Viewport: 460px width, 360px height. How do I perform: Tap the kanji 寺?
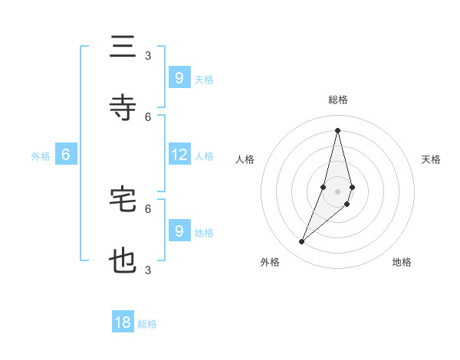point(123,107)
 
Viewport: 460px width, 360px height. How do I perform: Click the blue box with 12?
point(179,155)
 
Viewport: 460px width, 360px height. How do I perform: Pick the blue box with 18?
point(123,322)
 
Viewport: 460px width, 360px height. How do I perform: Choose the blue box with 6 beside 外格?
point(66,155)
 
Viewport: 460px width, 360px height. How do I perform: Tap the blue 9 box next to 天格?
point(179,77)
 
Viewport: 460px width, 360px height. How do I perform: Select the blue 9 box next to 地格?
point(179,231)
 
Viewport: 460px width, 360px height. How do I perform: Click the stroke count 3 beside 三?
point(148,55)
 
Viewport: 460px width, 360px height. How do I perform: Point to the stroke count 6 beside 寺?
point(148,116)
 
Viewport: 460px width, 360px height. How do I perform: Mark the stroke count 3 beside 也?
point(148,270)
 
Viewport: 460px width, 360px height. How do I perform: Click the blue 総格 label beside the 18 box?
point(147,324)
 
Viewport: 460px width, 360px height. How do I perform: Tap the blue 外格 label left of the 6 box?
point(41,156)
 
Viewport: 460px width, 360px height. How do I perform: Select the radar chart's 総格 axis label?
point(338,100)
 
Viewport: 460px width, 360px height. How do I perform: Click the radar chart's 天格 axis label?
point(432,159)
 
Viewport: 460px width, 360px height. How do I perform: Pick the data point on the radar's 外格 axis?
point(301,242)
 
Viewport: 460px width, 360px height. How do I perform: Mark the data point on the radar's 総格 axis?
point(338,129)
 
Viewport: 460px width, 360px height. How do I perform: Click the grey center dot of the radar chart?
point(338,191)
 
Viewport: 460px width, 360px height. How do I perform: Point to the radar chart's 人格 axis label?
point(245,159)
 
